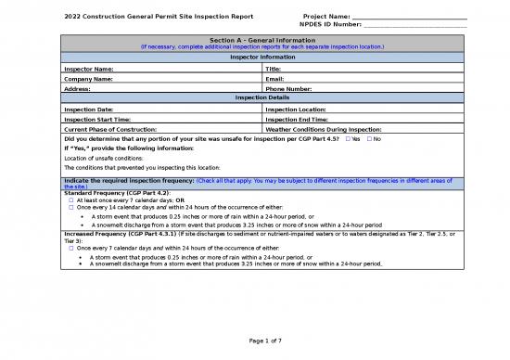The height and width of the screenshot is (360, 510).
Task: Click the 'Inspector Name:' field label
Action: click(x=89, y=69)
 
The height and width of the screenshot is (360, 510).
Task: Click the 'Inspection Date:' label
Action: click(x=90, y=109)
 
